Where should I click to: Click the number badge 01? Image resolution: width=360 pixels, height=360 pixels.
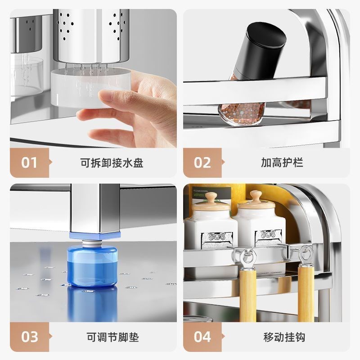click(x=29, y=162)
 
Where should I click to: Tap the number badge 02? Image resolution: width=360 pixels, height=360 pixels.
click(x=202, y=162)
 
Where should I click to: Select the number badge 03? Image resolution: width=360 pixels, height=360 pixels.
click(x=29, y=336)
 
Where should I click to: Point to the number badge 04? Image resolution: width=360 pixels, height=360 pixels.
click(x=202, y=336)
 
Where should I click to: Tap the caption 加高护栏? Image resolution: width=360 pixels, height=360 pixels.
click(x=282, y=162)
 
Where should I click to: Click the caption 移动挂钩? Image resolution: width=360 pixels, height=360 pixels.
click(x=282, y=337)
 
